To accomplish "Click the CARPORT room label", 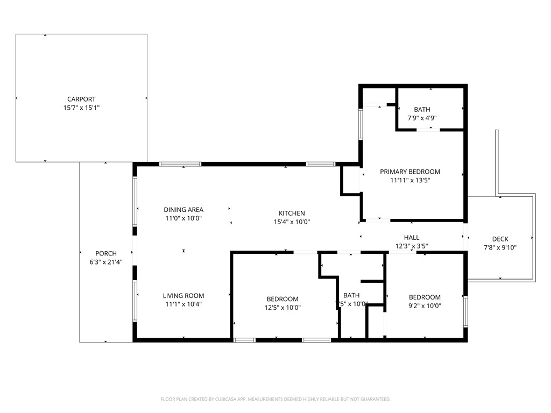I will [81, 99].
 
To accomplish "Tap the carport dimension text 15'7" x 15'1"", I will [81, 108].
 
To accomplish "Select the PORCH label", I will [106, 253].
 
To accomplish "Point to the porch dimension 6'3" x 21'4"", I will [106, 262].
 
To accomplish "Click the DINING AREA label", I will [183, 210].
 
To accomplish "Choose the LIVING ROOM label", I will [183, 295].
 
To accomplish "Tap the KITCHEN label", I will [292, 213].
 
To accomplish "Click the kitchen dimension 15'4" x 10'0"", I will [292, 222].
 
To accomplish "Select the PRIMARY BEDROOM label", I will [410, 172].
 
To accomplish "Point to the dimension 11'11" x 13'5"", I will [410, 180].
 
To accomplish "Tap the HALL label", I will [412, 237].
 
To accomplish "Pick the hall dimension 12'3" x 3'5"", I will [412, 246].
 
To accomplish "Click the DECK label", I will [500, 239].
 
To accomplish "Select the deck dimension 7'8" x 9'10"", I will [500, 248].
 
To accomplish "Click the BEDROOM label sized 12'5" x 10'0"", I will [282, 299].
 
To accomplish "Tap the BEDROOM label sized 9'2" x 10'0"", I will [425, 297].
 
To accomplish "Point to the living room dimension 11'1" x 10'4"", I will [183, 304].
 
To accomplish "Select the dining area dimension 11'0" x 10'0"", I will [183, 218].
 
